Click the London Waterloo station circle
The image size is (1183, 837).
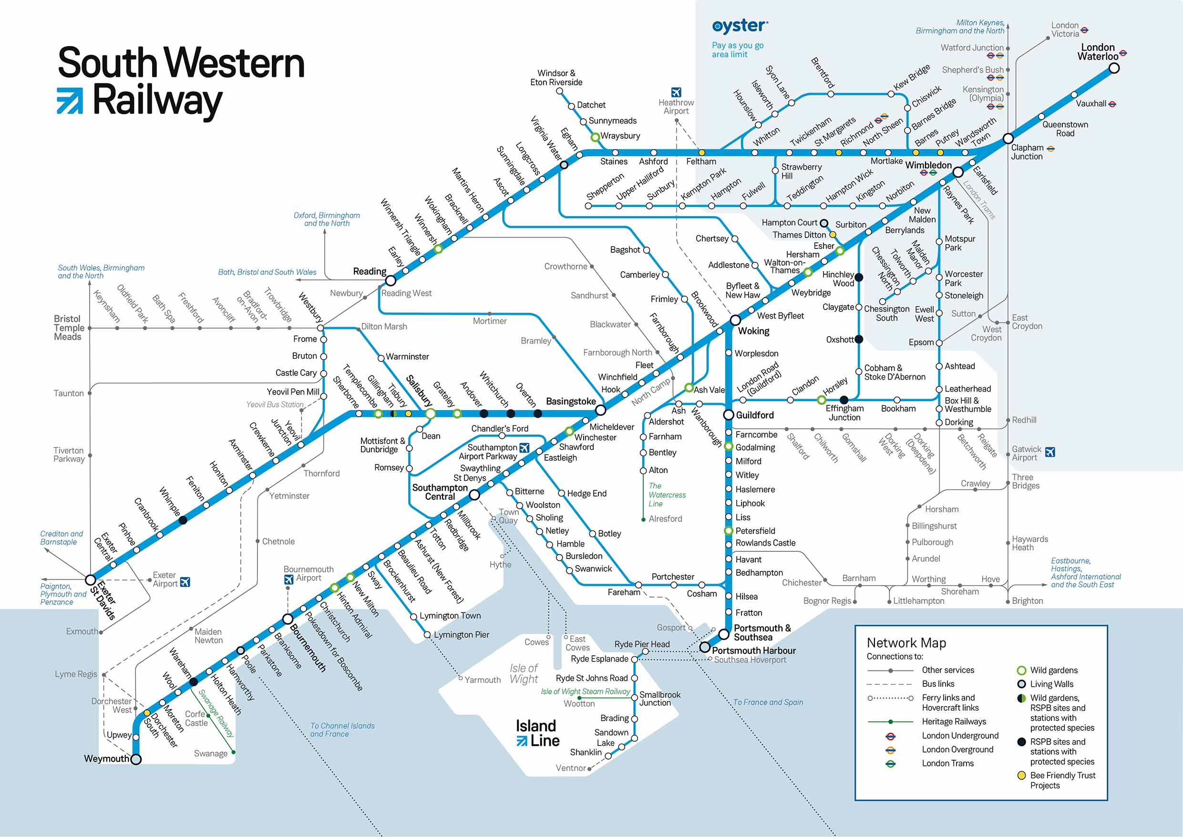pyautogui.click(x=1114, y=68)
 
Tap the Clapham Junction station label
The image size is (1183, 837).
pyautogui.click(x=1027, y=152)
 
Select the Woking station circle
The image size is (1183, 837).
pyautogui.click(x=735, y=320)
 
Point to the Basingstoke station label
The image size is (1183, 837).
pyautogui.click(x=570, y=402)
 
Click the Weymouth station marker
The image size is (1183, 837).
pyautogui.click(x=136, y=759)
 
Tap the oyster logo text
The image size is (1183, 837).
pyautogui.click(x=740, y=26)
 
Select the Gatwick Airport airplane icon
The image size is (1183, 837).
pyautogui.click(x=1050, y=452)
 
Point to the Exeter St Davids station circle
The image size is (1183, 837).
pyautogui.click(x=90, y=579)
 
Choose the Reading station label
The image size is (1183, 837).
pyautogui.click(x=370, y=271)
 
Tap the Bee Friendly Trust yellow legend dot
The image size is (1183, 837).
pyautogui.click(x=1021, y=775)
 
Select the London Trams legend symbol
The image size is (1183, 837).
pyautogui.click(x=890, y=764)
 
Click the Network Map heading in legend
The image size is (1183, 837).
pyautogui.click(x=906, y=643)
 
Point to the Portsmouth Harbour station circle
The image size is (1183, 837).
pyautogui.click(x=704, y=647)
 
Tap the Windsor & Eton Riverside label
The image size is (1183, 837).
pyautogui.click(x=556, y=78)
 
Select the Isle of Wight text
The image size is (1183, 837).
pyautogui.click(x=524, y=673)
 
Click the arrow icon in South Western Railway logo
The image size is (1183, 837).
pyautogui.click(x=70, y=101)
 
